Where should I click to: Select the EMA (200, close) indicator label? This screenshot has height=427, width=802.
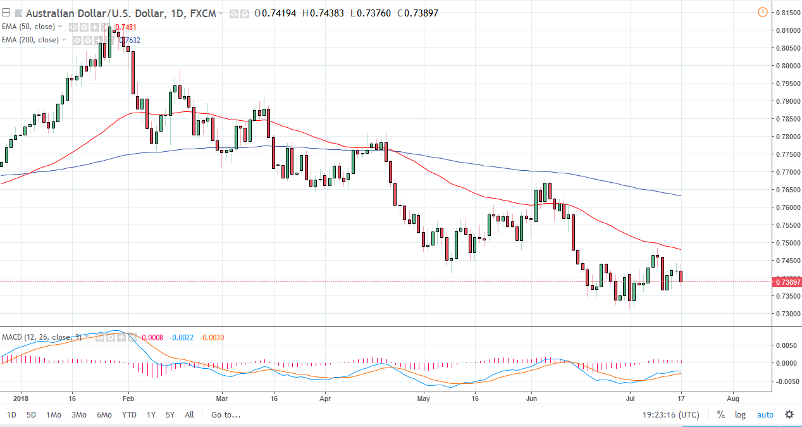coord(32,40)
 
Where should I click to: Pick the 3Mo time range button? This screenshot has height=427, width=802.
coord(79,415)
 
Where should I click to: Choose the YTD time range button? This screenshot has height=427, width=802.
coord(129,415)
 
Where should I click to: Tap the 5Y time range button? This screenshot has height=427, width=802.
coord(170,415)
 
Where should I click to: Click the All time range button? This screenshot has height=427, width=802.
coord(189,415)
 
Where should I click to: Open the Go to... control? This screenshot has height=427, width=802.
coord(226,415)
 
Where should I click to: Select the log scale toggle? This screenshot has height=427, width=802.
coord(740,415)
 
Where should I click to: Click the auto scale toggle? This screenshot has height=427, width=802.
coord(765,415)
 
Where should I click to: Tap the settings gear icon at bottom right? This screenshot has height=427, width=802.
coord(789,415)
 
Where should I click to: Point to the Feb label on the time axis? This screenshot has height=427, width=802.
coord(128,400)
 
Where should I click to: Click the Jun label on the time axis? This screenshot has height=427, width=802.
coord(531,400)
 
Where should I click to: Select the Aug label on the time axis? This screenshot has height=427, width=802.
coord(732,400)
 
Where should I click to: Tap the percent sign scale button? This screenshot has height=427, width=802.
coord(720,415)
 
